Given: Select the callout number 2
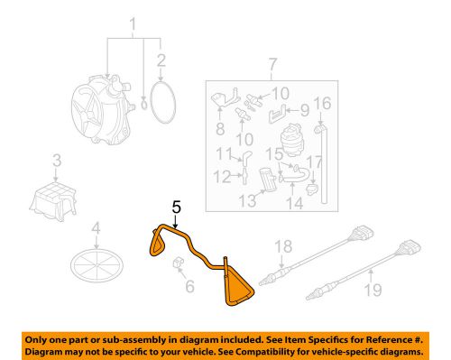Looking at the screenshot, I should pos(161,62).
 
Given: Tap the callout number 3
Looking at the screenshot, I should pos(56,161).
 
